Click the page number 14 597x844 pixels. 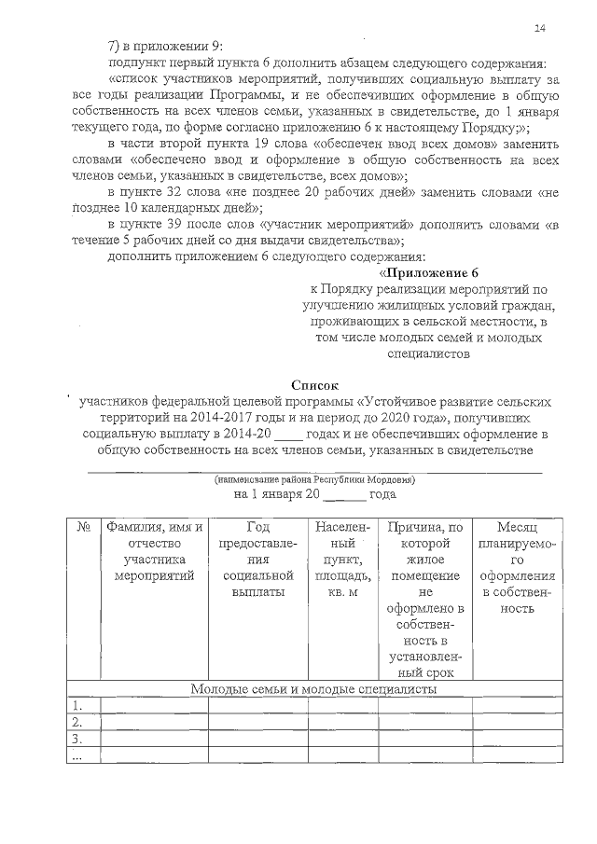(540, 29)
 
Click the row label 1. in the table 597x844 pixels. (79, 705)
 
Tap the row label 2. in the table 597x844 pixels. (79, 722)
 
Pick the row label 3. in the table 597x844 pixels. (79, 739)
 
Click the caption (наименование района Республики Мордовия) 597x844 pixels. (314, 479)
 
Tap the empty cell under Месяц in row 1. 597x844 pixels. (514, 705)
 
